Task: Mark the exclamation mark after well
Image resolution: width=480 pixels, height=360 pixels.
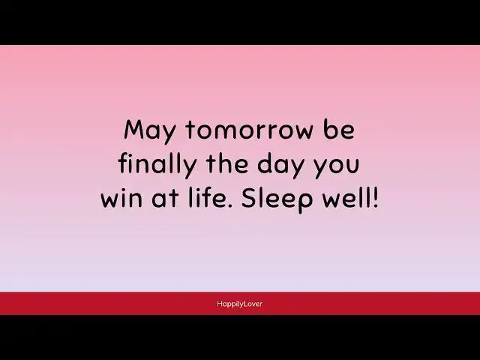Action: (x=376, y=198)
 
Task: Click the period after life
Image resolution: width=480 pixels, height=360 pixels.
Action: (x=227, y=207)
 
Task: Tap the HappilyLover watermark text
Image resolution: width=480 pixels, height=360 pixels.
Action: (x=240, y=304)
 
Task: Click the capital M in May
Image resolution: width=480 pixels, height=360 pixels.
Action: (x=133, y=130)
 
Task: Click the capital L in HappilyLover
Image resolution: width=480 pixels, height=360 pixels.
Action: (x=244, y=303)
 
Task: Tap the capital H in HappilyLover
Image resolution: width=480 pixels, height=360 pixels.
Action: (x=219, y=303)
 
